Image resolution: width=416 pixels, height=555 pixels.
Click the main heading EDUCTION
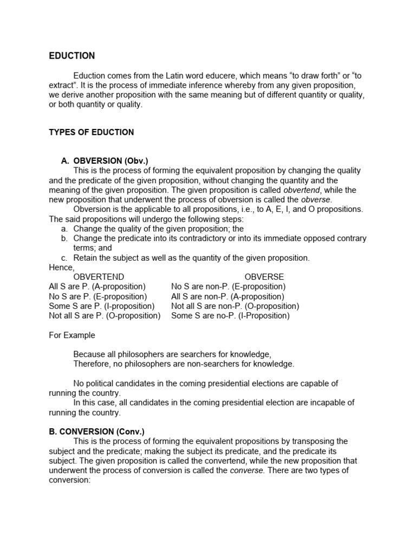71,56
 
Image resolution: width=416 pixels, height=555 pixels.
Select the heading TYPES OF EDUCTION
91,132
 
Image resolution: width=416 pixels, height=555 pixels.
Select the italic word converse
246,470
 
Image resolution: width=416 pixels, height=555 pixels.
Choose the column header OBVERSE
264,277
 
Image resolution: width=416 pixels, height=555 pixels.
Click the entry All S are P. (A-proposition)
97,286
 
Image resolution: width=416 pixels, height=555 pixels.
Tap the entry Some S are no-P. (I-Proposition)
230,315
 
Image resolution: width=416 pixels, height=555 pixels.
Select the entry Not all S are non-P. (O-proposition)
235,306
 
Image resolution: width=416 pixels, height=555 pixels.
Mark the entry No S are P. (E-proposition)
97,296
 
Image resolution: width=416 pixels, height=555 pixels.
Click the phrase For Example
71,335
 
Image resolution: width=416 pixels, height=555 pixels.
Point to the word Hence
61,267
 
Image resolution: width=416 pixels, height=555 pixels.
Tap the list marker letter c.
64,258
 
